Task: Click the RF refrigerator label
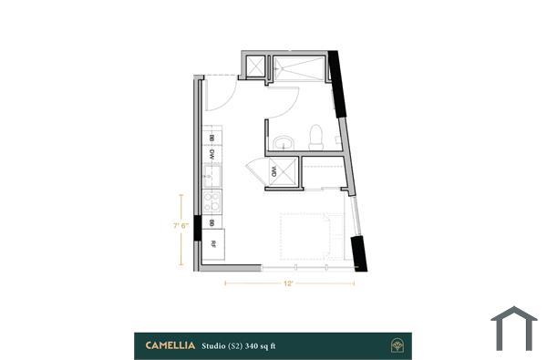point(212,244)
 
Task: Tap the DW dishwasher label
point(212,154)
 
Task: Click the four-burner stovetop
point(212,201)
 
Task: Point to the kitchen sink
point(212,174)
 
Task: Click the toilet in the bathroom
point(315,137)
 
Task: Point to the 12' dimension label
point(289,284)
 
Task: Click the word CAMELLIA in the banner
point(170,345)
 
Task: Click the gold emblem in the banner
point(398,345)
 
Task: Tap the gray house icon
point(514,328)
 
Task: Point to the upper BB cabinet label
point(212,137)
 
